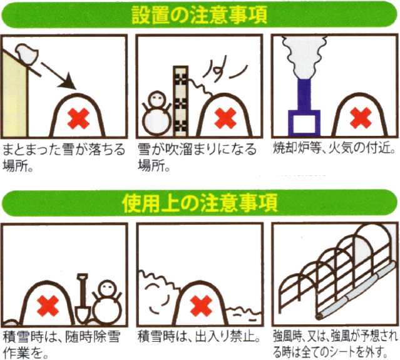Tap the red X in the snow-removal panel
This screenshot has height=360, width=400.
click(x=48, y=307)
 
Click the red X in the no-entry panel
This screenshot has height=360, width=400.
click(x=202, y=306)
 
